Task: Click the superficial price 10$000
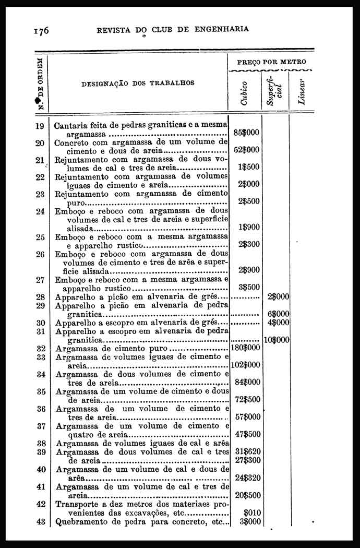coord(277,340)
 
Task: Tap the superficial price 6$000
coord(278,314)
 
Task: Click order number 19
coord(40,126)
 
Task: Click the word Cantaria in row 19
coord(71,126)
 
